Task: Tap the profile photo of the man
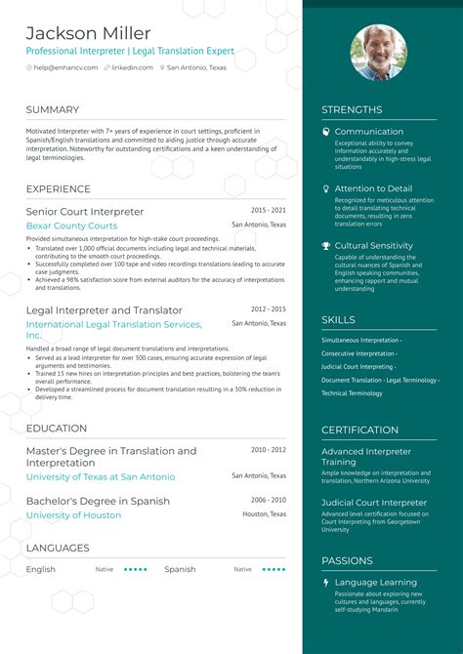(x=378, y=52)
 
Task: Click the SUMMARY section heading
(x=53, y=109)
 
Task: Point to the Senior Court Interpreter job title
(x=85, y=211)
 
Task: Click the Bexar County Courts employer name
(x=71, y=225)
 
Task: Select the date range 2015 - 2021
(x=269, y=210)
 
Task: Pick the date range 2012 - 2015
(x=269, y=308)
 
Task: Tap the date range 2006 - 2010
(x=269, y=499)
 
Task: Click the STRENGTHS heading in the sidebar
(x=352, y=109)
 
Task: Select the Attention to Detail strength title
(x=373, y=188)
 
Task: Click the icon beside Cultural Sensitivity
(x=326, y=246)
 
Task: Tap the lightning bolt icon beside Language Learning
(x=326, y=583)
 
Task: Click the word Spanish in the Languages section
(x=180, y=569)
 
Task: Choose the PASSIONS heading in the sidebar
(x=347, y=560)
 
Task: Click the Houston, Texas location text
(x=264, y=513)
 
